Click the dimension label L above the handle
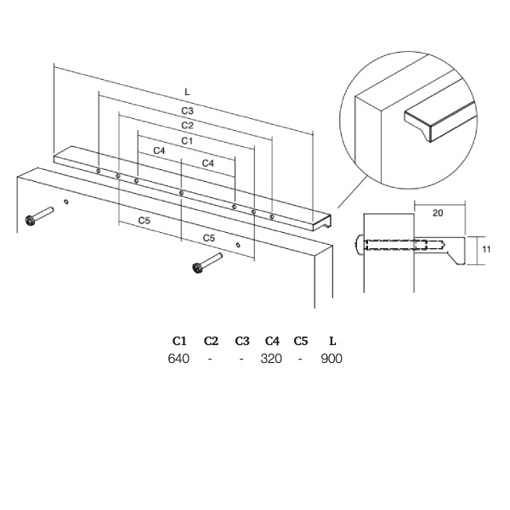point(187,92)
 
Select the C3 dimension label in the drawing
point(187,110)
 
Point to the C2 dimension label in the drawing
point(187,126)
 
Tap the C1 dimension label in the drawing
point(187,141)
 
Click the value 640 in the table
point(178,359)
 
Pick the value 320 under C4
point(271,359)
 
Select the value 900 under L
point(331,359)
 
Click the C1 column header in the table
point(179,341)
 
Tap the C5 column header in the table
point(301,341)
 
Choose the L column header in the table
point(332,341)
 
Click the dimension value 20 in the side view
point(438,213)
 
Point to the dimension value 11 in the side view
point(486,249)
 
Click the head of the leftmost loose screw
point(31,221)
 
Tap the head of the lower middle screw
point(197,268)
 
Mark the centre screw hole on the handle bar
point(182,193)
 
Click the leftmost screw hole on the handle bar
point(98,171)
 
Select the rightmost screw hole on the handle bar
point(272,217)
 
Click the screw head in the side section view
point(360,245)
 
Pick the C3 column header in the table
point(242,341)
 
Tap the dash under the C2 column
point(210,359)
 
